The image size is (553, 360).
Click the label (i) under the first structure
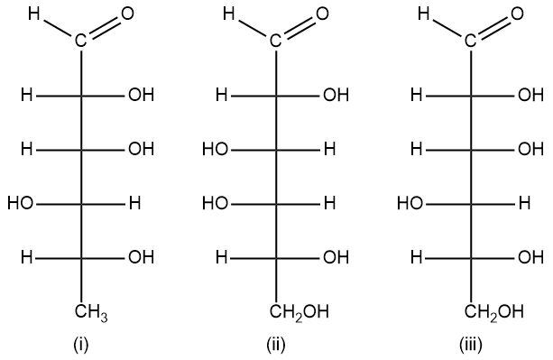[x=80, y=344]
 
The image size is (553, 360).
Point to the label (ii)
[x=276, y=344]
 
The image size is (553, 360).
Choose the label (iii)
[x=471, y=344]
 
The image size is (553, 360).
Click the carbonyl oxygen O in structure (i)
[x=126, y=14]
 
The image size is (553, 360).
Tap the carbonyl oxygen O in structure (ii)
[x=322, y=14]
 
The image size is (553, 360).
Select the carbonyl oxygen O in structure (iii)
[x=517, y=14]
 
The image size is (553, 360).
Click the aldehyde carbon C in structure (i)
[x=80, y=41]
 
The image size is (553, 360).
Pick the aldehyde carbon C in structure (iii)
[x=471, y=41]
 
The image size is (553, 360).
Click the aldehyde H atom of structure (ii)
[x=229, y=14]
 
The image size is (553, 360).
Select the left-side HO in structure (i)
[x=20, y=203]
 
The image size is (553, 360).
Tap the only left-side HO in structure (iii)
[x=410, y=203]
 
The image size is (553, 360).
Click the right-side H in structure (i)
[x=134, y=203]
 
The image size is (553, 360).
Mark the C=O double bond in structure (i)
[x=103, y=28]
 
